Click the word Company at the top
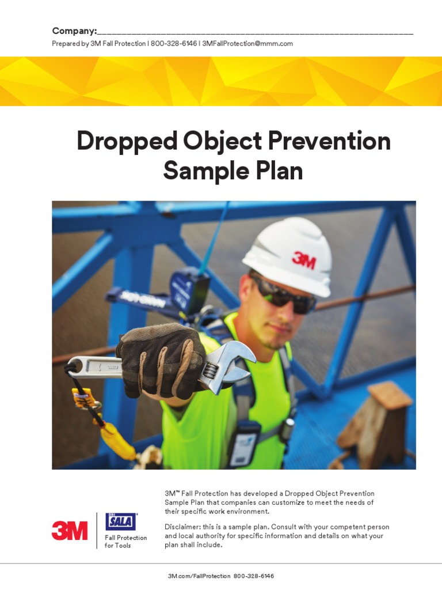(x=73, y=31)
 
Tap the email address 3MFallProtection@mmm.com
(x=247, y=44)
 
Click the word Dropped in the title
(x=121, y=142)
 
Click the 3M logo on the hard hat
(x=303, y=260)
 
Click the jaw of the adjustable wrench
(x=236, y=363)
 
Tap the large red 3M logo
(x=70, y=530)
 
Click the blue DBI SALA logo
(x=120, y=521)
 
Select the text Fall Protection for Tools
(x=125, y=542)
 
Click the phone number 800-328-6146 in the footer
(x=254, y=576)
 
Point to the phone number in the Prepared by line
(x=173, y=44)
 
